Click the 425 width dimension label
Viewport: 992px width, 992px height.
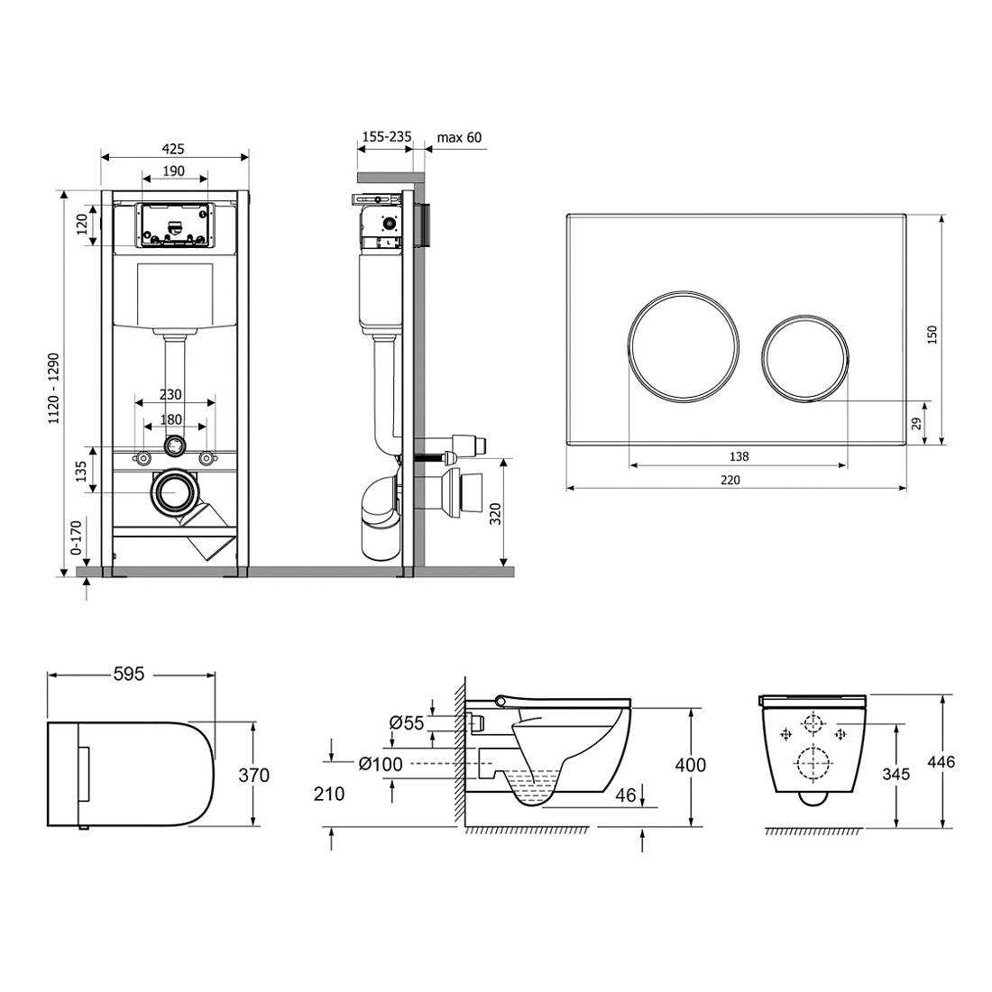[x=173, y=149]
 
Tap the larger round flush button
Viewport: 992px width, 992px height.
[x=684, y=345]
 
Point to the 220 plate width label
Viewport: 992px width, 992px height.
[x=730, y=480]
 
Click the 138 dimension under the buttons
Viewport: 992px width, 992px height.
[x=739, y=456]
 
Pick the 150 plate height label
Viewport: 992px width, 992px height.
[x=932, y=335]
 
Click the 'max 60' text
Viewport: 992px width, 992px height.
[x=459, y=137]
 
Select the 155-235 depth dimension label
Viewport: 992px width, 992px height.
[x=387, y=137]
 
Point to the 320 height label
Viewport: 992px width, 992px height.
[x=495, y=514]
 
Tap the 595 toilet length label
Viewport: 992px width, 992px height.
[x=129, y=675]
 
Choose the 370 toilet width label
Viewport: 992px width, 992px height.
[x=254, y=775]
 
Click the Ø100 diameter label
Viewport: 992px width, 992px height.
[x=381, y=764]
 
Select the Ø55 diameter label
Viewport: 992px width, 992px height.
[x=407, y=722]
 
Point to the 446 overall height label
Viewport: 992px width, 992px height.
[x=941, y=762]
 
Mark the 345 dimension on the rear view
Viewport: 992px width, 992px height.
[x=896, y=774]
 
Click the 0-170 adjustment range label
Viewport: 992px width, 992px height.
[x=76, y=537]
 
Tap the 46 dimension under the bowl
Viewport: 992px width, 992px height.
[x=626, y=795]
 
